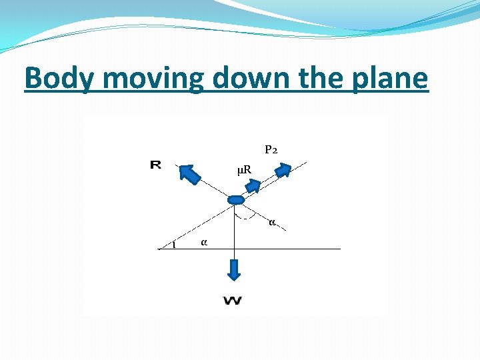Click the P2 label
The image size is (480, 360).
coord(271,150)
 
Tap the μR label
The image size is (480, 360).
coord(244,170)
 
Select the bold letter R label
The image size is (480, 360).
coord(155,164)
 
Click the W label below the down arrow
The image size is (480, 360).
coord(233,301)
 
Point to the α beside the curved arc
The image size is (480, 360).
coord(272,221)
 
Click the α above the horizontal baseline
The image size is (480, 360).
coord(203,242)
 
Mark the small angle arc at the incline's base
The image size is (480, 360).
coord(174,245)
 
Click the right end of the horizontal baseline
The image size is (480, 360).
coord(339,249)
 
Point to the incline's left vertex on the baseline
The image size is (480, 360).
coord(159,249)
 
